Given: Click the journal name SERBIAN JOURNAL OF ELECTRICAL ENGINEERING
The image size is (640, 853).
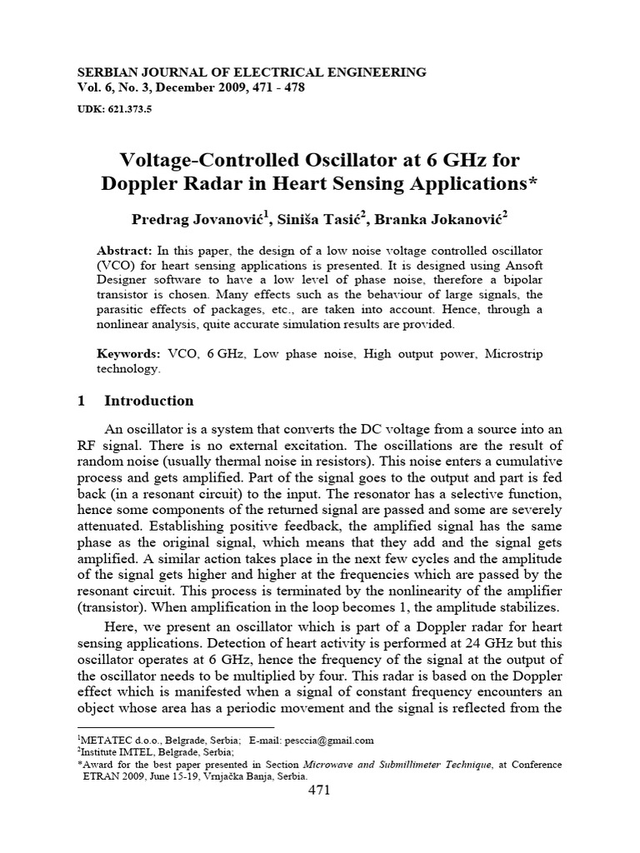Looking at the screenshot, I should tap(251, 72).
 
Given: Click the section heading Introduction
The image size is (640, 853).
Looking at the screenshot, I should tap(148, 401).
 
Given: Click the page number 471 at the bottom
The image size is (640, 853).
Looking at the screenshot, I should tap(320, 791).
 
